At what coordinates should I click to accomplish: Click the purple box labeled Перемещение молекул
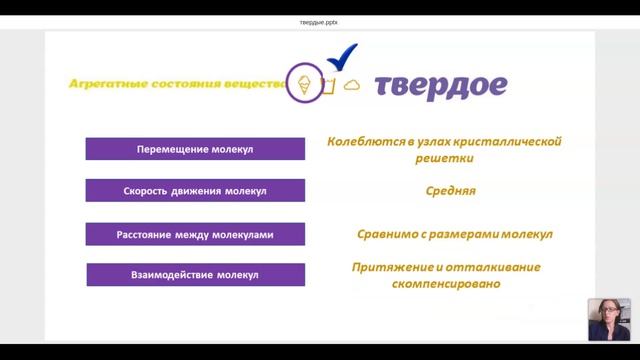pyautogui.click(x=195, y=150)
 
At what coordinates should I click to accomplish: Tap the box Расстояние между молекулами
pyautogui.click(x=195, y=235)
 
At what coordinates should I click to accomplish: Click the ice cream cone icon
pyautogui.click(x=304, y=83)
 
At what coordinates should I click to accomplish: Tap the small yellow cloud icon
pyautogui.click(x=351, y=86)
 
